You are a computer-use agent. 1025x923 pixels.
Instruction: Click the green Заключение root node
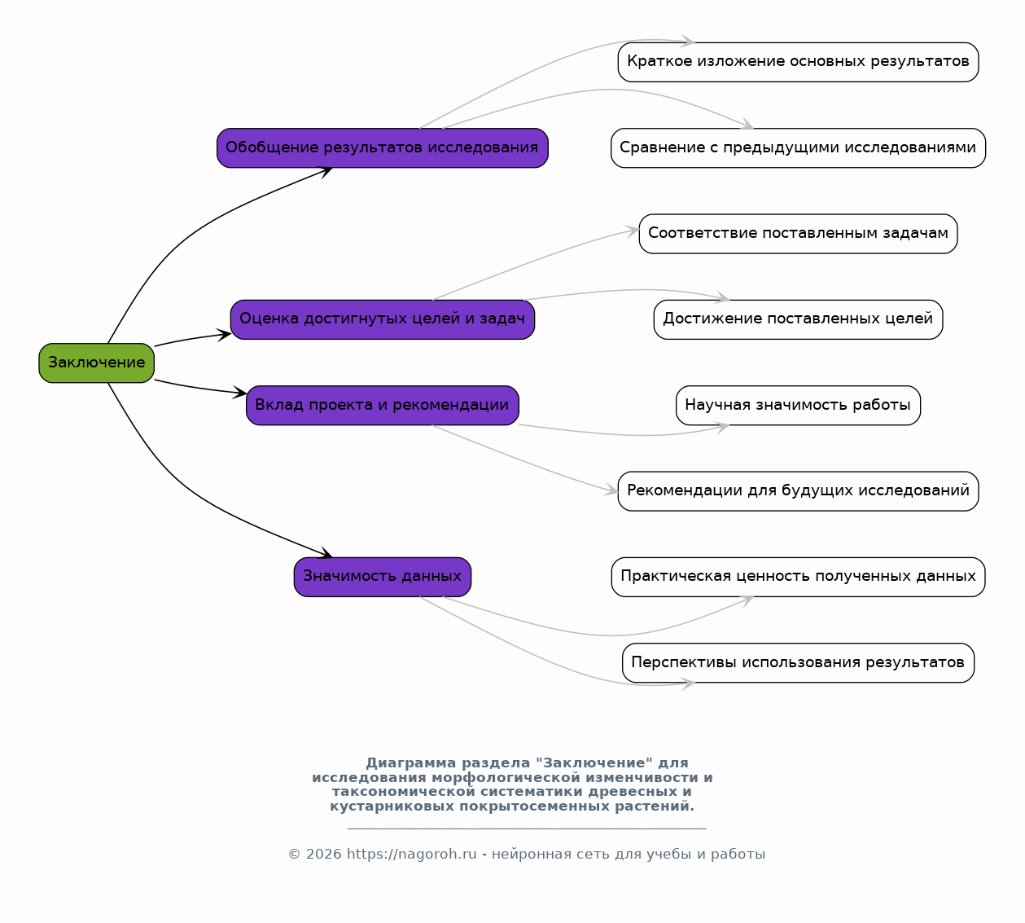pyautogui.click(x=97, y=363)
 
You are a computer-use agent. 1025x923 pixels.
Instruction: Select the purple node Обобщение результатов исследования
pyautogui.click(x=382, y=147)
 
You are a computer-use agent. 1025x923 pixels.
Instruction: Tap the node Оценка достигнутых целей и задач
pyautogui.click(x=382, y=319)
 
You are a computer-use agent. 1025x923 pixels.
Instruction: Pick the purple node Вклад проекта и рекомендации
pyautogui.click(x=382, y=406)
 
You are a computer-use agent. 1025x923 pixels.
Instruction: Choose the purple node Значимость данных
pyautogui.click(x=382, y=577)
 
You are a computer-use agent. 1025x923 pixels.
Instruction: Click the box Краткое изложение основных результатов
pyautogui.click(x=798, y=62)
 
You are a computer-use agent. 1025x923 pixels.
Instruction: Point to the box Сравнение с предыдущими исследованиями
pyautogui.click(x=798, y=147)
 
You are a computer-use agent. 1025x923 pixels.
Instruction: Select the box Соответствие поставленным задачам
pyautogui.click(x=798, y=234)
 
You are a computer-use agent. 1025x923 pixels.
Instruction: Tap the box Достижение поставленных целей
pyautogui.click(x=798, y=319)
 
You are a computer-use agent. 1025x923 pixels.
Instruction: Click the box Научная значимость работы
pyautogui.click(x=798, y=406)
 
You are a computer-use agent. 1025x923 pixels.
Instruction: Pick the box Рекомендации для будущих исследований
pyautogui.click(x=798, y=491)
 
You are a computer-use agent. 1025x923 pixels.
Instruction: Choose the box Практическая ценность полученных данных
pyautogui.click(x=798, y=577)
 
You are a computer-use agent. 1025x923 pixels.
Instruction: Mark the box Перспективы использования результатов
pyautogui.click(x=798, y=663)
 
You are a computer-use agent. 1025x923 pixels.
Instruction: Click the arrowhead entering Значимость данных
pyautogui.click(x=326, y=552)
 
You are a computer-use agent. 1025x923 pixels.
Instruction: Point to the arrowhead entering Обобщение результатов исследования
pyautogui.click(x=326, y=173)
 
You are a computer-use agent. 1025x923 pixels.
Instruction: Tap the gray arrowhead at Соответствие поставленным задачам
pyautogui.click(x=633, y=231)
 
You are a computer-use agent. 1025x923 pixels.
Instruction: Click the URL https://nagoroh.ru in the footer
pyautogui.click(x=411, y=855)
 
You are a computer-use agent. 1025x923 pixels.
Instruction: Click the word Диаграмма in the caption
pyautogui.click(x=411, y=763)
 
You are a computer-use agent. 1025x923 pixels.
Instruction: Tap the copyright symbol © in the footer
pyautogui.click(x=294, y=855)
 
